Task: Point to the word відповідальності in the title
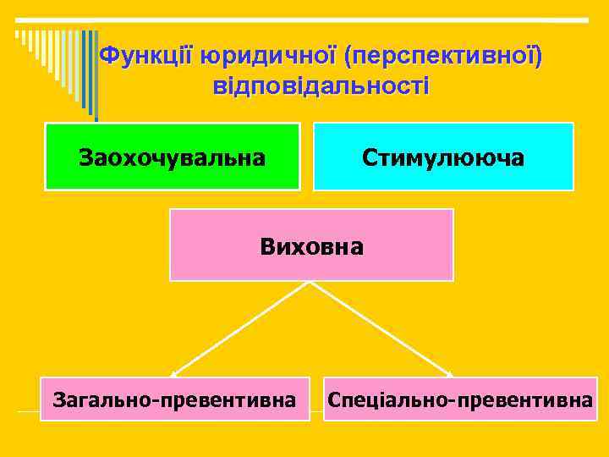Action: (321, 86)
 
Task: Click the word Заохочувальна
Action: (172, 157)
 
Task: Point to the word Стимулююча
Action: (443, 157)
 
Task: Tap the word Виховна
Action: (311, 247)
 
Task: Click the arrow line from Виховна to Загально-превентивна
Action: (241, 328)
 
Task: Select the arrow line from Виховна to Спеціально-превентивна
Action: (381, 328)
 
